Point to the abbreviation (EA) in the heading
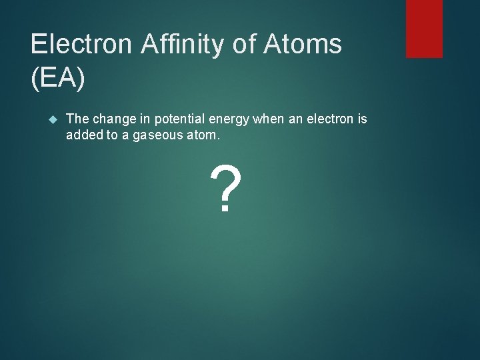click(x=58, y=79)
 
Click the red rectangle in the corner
click(x=424, y=28)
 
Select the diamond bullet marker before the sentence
click(x=54, y=119)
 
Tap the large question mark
click(x=224, y=190)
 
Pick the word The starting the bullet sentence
click(x=77, y=119)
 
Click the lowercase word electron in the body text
click(x=329, y=119)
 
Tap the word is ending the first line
click(x=362, y=119)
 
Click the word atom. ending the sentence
click(x=200, y=135)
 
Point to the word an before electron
click(x=292, y=119)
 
